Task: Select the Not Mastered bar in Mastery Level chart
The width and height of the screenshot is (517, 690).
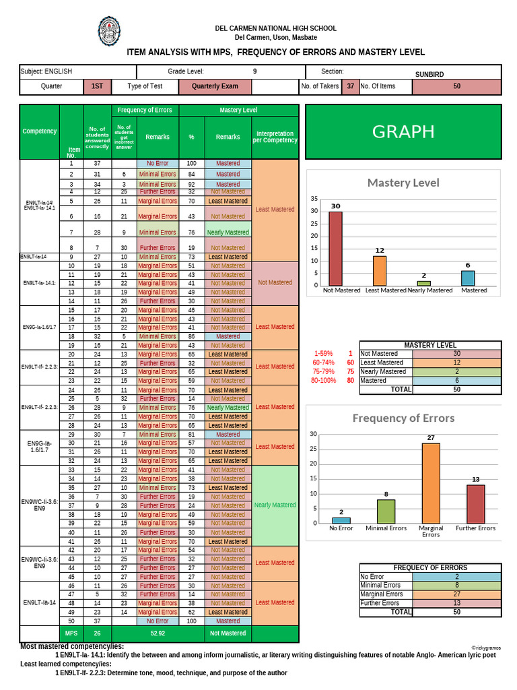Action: (x=335, y=249)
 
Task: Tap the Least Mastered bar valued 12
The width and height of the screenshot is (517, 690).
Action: (x=380, y=271)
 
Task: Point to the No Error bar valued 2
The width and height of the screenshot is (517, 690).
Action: (x=341, y=520)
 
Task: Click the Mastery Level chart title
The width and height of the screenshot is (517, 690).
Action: (x=403, y=183)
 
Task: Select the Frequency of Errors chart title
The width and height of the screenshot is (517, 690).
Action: (x=403, y=418)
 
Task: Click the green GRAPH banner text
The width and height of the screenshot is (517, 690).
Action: (x=403, y=131)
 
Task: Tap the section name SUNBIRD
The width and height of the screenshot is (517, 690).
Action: (x=430, y=74)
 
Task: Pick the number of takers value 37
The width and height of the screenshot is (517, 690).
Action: (x=350, y=86)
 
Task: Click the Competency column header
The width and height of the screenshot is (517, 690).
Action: (x=40, y=131)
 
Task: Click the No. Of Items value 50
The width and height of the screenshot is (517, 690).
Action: (x=456, y=86)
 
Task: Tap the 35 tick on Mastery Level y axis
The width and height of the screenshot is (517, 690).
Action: (x=314, y=199)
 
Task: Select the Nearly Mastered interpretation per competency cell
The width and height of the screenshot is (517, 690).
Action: (x=275, y=505)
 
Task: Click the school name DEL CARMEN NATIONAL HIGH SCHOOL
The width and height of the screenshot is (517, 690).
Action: (x=275, y=28)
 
